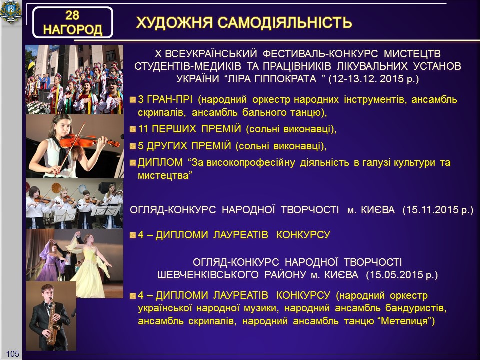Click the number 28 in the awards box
pos(72,15)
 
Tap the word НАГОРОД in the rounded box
pos(73,30)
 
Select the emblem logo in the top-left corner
pos(11,11)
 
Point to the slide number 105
pos(13,354)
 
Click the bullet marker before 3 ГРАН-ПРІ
pos(133,100)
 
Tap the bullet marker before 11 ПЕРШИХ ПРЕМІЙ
pos(133,129)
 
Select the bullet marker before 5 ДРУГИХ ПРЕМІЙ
pos(133,146)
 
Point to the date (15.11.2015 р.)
pos(438,210)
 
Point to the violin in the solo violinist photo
pos(89,141)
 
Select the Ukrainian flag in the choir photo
pos(31,65)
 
